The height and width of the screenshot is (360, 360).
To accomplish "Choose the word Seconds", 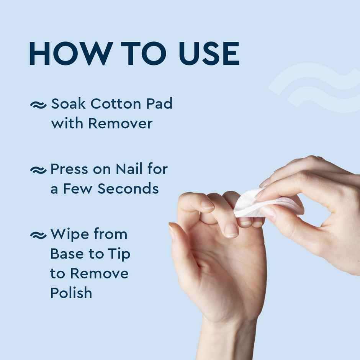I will [128, 189].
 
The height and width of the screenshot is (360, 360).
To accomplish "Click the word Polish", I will [71, 293].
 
